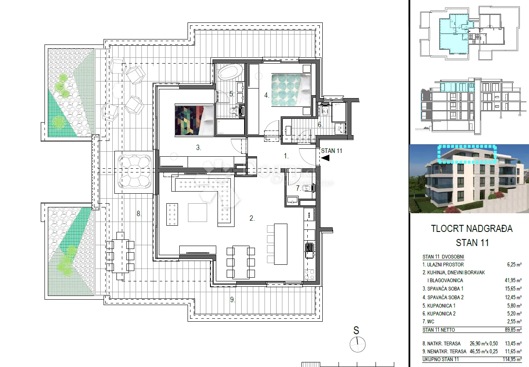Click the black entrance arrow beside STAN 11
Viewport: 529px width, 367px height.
(326, 158)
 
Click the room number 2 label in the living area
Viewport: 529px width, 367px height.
(252, 218)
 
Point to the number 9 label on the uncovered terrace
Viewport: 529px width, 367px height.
(232, 300)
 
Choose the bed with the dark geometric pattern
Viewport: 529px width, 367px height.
(194, 121)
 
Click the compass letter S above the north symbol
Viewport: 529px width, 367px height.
(356, 330)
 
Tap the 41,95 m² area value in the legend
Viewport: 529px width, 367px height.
(513, 281)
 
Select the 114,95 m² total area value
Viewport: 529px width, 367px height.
(512, 360)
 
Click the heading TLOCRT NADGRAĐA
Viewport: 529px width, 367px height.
(472, 229)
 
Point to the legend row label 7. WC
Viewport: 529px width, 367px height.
(428, 321)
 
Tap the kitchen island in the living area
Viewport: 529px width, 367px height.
(281, 244)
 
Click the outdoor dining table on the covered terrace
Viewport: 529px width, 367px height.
(121, 256)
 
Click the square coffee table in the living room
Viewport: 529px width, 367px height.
(198, 213)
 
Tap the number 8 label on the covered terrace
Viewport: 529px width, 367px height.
(139, 214)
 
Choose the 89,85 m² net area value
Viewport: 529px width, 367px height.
(513, 330)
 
